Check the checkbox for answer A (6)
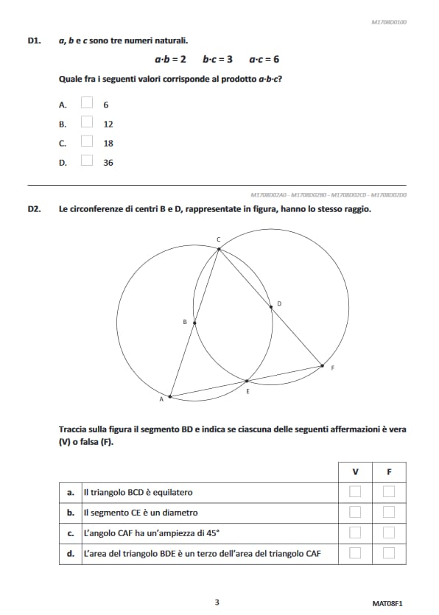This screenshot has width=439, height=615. click(x=87, y=104)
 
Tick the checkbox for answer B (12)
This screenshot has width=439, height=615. click(x=87, y=123)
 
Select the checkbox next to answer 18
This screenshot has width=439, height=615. click(x=87, y=142)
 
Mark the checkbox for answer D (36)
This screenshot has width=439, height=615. click(x=87, y=161)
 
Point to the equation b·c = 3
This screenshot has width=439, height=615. click(x=217, y=59)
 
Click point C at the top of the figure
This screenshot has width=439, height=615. click(x=219, y=248)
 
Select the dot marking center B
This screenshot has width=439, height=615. click(x=194, y=322)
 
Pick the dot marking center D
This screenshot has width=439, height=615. click(x=271, y=307)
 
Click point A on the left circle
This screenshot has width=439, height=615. click(x=170, y=397)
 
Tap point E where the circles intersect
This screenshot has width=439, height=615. click(x=247, y=382)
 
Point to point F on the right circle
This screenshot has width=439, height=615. click(x=322, y=365)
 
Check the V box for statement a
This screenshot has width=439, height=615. click(x=356, y=492)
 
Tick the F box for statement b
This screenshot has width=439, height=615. click(x=389, y=512)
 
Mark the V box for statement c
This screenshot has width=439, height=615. click(x=356, y=533)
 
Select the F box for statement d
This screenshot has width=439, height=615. click(x=389, y=553)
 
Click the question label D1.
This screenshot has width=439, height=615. click(x=34, y=41)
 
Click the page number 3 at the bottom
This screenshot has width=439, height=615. click(x=217, y=602)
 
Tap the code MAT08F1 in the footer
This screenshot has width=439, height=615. click(x=387, y=602)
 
